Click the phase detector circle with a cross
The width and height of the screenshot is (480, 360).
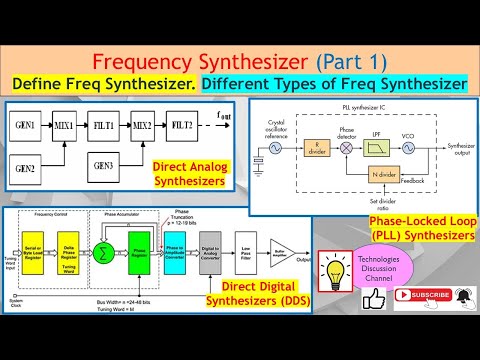346,147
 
